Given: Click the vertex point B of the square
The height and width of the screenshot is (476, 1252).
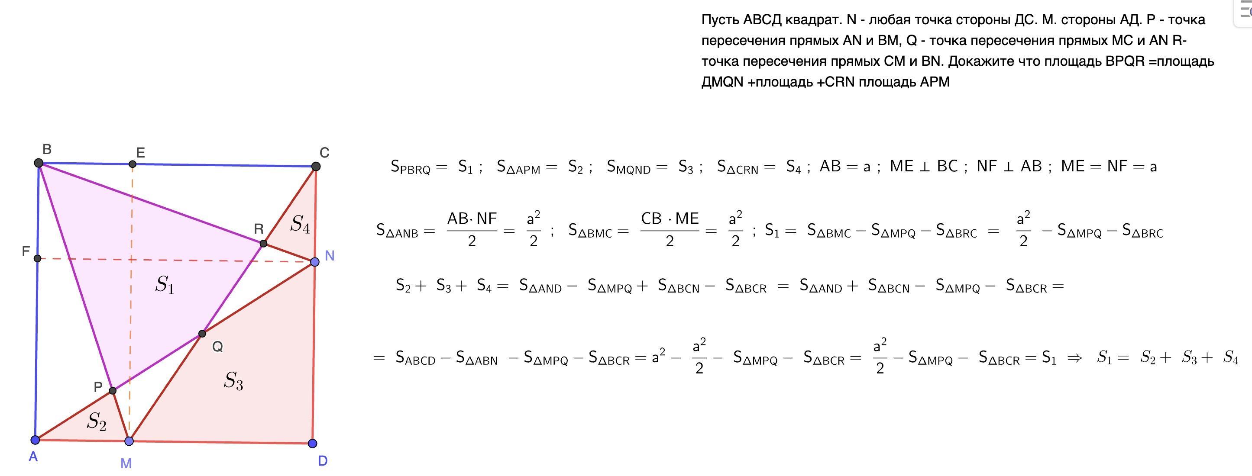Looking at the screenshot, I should (x=39, y=163).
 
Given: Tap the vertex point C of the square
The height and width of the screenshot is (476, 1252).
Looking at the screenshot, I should (x=315, y=167).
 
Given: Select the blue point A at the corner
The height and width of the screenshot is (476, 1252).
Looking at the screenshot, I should (x=35, y=440).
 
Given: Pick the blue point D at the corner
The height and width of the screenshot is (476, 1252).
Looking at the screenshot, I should (x=313, y=444).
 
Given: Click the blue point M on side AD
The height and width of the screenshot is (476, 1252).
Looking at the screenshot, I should (x=129, y=441).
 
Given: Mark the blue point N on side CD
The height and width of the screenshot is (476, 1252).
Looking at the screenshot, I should (x=314, y=262).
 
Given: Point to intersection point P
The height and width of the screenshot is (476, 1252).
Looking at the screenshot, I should (x=113, y=390).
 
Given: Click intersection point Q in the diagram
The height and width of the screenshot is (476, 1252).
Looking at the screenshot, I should (x=202, y=334).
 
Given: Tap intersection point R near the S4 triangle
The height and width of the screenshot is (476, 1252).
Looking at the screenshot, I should (x=263, y=243).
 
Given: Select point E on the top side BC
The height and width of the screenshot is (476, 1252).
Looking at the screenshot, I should (x=132, y=164).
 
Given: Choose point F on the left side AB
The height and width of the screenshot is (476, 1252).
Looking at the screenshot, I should (x=37, y=258).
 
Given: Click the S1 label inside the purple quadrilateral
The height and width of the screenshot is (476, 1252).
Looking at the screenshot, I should (x=165, y=285).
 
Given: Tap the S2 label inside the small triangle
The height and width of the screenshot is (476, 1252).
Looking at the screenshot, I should (x=96, y=421).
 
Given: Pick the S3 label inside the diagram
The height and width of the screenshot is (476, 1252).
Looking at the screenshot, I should (x=233, y=381).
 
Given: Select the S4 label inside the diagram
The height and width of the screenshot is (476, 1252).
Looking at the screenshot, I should (x=300, y=225).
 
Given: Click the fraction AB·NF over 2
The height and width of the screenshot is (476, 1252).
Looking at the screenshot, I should (x=472, y=230).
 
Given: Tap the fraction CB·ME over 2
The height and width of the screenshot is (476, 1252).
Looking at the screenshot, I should (x=670, y=230).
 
